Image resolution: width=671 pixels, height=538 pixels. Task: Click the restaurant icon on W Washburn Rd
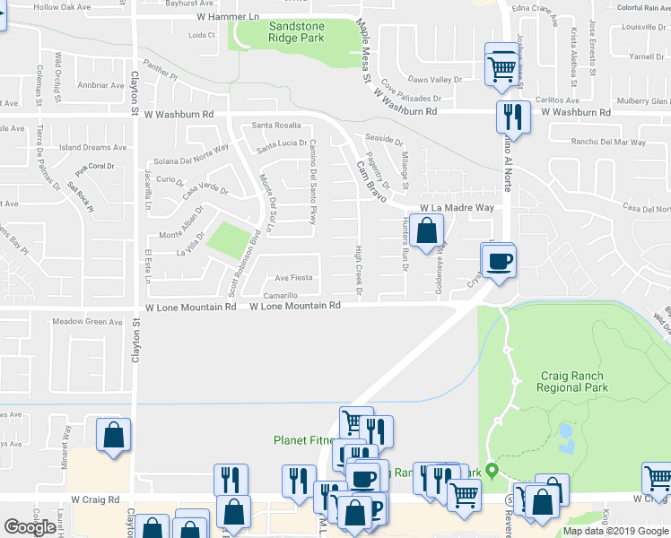click(x=513, y=117)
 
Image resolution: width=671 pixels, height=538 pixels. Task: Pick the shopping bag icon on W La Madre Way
click(x=429, y=230)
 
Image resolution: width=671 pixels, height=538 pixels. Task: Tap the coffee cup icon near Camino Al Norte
click(x=499, y=261)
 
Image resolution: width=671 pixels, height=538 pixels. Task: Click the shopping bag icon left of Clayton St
click(x=113, y=437)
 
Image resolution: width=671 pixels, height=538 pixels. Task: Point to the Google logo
click(x=30, y=527)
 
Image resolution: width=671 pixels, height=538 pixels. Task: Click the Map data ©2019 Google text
click(x=615, y=531)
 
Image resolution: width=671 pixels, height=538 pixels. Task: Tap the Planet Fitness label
click(x=305, y=440)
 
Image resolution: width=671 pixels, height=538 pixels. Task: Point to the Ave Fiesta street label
click(x=293, y=278)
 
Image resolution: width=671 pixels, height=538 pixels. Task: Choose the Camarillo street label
click(x=281, y=295)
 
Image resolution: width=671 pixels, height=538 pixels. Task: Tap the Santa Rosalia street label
click(x=275, y=126)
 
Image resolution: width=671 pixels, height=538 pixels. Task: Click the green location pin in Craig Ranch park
click(x=492, y=473)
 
